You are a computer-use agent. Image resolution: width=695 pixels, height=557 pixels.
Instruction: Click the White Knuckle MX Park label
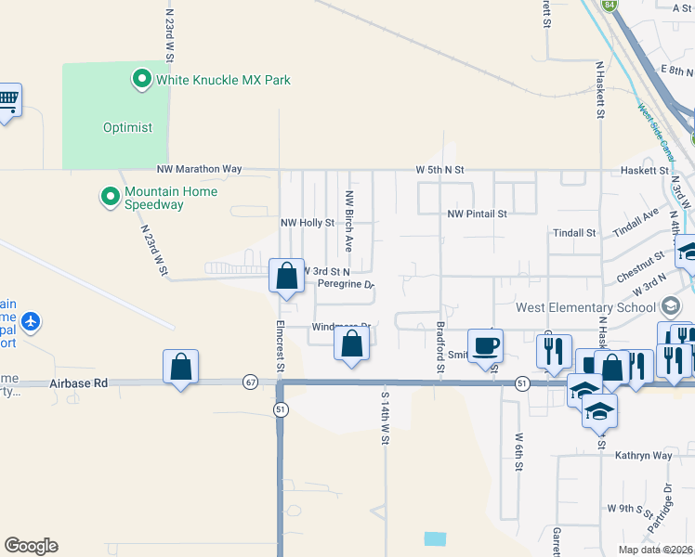pos(223,80)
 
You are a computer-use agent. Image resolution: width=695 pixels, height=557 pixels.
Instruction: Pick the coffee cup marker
pos(484,346)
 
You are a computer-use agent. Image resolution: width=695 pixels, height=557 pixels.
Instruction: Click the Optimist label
pos(127,128)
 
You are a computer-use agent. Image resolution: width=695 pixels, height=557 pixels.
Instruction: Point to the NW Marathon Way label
pos(199,170)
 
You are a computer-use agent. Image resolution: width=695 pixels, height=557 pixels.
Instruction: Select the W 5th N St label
pos(439,170)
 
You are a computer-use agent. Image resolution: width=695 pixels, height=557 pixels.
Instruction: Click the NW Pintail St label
pos(477,214)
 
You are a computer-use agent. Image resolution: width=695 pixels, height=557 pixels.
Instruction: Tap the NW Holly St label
pos(308,224)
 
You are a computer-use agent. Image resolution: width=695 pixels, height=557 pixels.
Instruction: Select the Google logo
pos(31,546)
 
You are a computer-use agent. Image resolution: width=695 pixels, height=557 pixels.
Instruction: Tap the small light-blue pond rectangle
pos(434,538)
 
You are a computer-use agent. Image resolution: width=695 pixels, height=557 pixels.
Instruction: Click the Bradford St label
pos(439,348)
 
